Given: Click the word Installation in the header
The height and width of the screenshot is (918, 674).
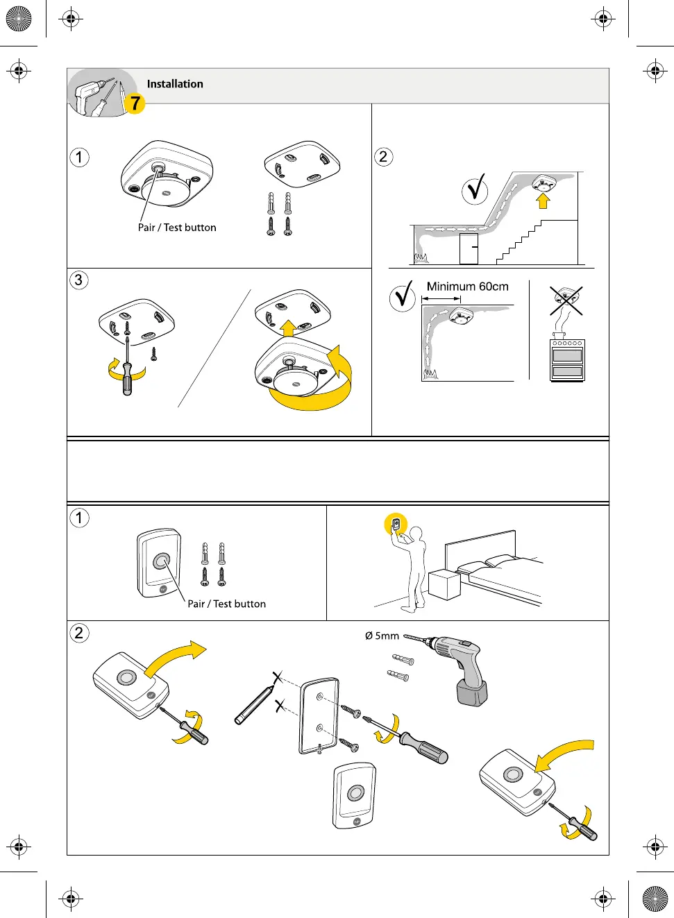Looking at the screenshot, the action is click(175, 84).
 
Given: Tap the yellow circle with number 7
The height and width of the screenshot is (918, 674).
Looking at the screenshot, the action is click(135, 103).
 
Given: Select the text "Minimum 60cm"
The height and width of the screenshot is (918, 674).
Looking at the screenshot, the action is click(467, 287).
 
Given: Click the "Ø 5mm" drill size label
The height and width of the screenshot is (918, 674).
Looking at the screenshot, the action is click(382, 636).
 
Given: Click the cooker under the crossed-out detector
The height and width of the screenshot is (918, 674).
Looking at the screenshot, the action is click(567, 360).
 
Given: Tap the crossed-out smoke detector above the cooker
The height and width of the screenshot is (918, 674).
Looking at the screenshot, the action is click(566, 298).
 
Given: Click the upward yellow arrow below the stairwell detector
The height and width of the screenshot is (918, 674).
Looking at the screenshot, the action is click(543, 201).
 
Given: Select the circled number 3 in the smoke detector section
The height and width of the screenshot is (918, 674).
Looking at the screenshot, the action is click(79, 280).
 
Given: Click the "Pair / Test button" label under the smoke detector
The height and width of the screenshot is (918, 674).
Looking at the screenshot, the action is click(177, 228).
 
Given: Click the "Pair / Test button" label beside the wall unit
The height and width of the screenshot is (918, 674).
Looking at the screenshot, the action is click(226, 604).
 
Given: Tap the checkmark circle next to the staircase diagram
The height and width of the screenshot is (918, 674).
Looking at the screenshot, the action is click(475, 189).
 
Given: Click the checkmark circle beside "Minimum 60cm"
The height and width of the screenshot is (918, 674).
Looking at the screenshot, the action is click(403, 297).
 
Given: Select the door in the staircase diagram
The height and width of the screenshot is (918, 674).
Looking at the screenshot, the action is click(469, 248).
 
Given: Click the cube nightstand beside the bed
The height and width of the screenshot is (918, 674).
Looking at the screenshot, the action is click(444, 584).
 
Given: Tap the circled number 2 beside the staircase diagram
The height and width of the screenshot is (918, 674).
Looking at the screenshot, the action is click(383, 157).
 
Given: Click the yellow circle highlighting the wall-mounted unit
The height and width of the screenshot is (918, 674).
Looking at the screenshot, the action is click(396, 525).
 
